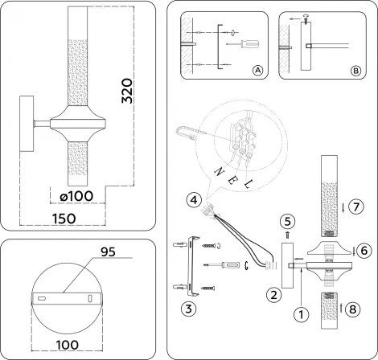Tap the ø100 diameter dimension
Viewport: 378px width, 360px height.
coord(74,197)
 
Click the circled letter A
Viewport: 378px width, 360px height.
coord(257,71)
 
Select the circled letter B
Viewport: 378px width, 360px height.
coord(356,71)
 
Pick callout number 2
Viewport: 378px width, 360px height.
coord(274,295)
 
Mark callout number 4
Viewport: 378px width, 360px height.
coord(191,199)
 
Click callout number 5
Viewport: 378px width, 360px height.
coord(288,218)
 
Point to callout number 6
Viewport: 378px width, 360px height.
coord(364,251)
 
